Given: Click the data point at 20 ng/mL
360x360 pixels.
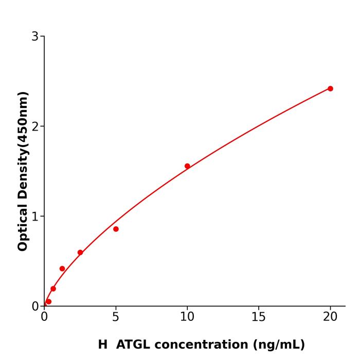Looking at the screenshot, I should (330, 88).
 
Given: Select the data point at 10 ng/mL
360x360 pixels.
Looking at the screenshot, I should (187, 166).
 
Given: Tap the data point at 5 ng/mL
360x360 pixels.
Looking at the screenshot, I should (116, 229).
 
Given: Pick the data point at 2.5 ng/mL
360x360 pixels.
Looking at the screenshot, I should (80, 253).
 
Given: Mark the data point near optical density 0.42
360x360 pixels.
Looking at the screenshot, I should (62, 268).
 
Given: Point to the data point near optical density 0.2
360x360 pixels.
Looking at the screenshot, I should (53, 289).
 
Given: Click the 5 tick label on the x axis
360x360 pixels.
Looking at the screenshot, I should (116, 317).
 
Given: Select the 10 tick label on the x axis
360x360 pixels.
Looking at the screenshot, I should (187, 317).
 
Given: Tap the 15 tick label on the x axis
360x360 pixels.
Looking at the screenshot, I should (259, 317).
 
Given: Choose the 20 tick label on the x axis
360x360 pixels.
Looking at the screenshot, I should (330, 317).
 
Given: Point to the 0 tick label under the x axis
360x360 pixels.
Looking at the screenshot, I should (44, 317).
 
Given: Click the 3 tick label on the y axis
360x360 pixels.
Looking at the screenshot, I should (35, 37).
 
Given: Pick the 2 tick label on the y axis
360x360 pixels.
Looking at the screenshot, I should (35, 127).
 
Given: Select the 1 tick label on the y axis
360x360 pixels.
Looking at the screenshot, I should (35, 217).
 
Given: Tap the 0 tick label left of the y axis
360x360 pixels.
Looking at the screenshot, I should (35, 307).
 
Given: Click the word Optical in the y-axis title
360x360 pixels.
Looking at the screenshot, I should (23, 228).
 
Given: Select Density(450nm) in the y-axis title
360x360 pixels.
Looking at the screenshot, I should (23, 147).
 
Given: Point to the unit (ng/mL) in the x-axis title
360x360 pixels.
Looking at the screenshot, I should (277, 345).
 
